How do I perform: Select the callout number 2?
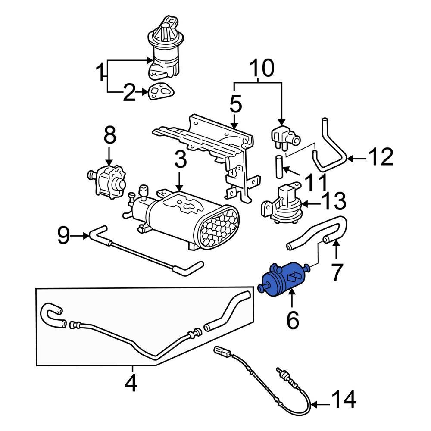pos(129,93)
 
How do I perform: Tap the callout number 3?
pos(180,160)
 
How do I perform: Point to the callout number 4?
pos(131,383)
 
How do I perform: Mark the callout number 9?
pos(63,235)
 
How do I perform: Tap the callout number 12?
pos(381,158)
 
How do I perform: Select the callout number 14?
pos(344,400)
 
